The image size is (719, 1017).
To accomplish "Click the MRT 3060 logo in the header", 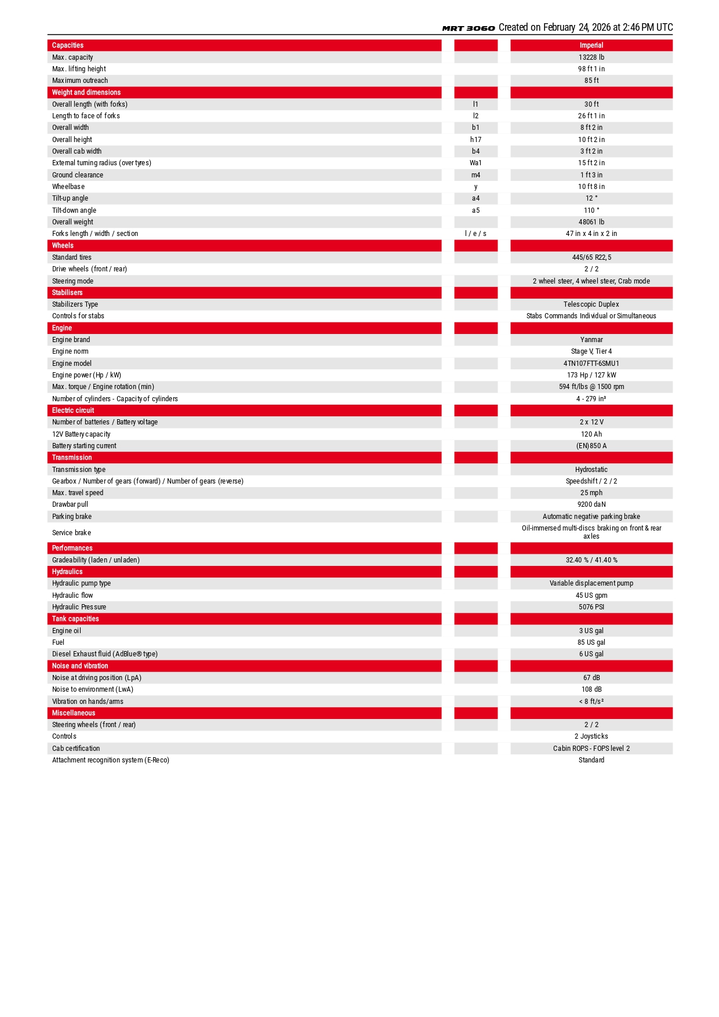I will [x=469, y=28].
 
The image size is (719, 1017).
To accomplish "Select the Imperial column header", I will [x=591, y=45].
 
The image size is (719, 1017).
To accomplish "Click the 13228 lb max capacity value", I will [x=591, y=57].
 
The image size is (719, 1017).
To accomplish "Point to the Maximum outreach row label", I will [x=80, y=81].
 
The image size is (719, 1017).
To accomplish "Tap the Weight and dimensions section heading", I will [x=86, y=92].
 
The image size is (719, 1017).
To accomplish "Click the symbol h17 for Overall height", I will [x=475, y=140].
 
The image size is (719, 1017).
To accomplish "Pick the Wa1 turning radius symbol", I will [x=475, y=163].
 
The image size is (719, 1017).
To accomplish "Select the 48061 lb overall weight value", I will [x=591, y=222].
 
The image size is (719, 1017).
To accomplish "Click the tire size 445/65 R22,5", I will [x=591, y=257].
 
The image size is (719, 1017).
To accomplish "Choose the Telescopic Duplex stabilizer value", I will [x=591, y=304].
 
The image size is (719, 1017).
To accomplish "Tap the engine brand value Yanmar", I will [x=591, y=340].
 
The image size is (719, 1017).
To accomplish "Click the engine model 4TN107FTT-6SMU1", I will [x=591, y=364].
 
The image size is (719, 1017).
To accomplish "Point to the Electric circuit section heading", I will [x=73, y=411].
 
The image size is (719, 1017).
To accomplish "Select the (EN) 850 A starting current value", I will [x=591, y=446].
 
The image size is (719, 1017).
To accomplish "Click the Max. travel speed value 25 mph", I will [x=591, y=493].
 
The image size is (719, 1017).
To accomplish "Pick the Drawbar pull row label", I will [x=70, y=504].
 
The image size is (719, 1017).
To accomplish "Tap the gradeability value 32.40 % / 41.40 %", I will [x=591, y=560].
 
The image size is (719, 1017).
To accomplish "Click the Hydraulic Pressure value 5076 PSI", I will [x=591, y=607].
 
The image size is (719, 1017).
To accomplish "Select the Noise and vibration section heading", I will [x=80, y=666].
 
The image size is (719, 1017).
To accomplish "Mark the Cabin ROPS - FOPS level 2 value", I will [x=591, y=749].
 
